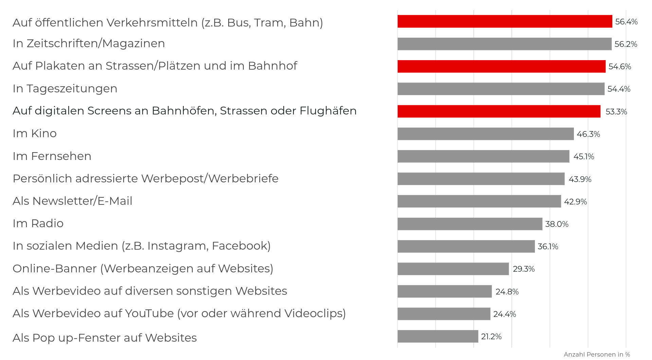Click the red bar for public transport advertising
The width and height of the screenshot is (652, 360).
[x=505, y=21]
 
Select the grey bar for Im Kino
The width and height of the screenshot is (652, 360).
[x=486, y=134]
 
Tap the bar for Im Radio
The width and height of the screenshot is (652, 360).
[x=470, y=224]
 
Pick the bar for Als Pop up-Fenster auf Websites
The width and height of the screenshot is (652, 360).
[x=438, y=336]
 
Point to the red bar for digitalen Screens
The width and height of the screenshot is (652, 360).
[x=499, y=111]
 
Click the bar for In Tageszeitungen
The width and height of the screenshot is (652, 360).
[x=501, y=89]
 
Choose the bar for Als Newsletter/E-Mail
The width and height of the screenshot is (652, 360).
[x=479, y=201]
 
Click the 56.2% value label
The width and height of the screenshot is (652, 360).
[x=626, y=44]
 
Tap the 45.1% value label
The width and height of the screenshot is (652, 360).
[x=584, y=157]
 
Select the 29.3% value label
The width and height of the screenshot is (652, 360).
[x=524, y=269]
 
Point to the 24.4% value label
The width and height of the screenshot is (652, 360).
[x=505, y=314]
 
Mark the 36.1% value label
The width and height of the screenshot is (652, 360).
[x=548, y=247]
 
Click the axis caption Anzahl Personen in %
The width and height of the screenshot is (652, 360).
[x=597, y=355]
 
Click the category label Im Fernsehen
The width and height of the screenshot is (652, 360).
[x=52, y=156]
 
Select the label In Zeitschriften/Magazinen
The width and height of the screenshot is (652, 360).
[x=89, y=43]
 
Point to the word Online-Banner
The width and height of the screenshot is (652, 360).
[x=55, y=269]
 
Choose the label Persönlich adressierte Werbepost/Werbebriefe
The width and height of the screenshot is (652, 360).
[x=145, y=179]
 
